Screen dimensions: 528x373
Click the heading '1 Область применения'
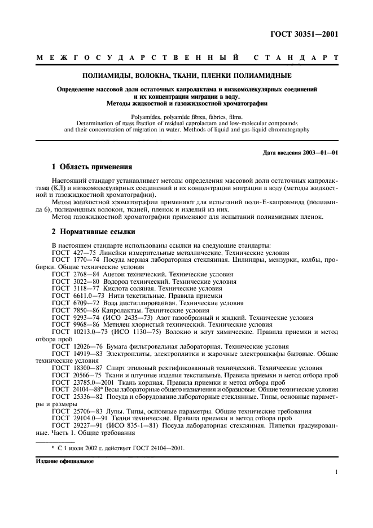[91, 167]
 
